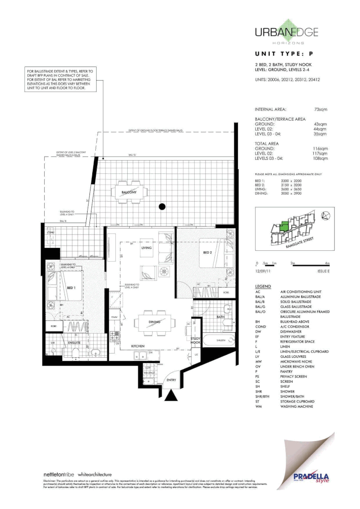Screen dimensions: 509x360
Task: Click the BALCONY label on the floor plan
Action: point(129,192)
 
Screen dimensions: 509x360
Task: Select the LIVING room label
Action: point(146,247)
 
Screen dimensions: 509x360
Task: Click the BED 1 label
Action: point(72,287)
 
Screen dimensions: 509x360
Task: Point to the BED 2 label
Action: point(208,253)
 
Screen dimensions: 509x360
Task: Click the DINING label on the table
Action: point(155,322)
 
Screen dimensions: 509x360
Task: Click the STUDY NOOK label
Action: point(196,340)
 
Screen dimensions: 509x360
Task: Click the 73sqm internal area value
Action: point(320,109)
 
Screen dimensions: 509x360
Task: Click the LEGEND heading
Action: point(262,287)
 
